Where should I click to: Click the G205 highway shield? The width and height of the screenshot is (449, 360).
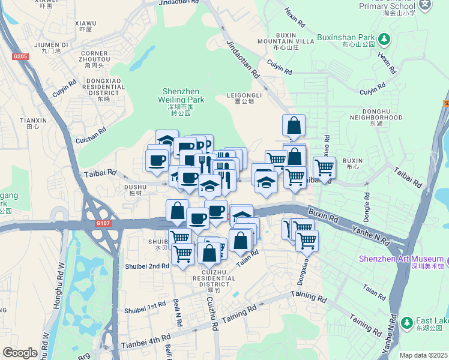coord(20,56)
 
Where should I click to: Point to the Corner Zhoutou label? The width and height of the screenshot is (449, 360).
coord(95,57)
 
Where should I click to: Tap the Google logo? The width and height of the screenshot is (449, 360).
coord(20,353)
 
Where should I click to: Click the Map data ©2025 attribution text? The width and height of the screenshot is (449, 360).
coord(424,355)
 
